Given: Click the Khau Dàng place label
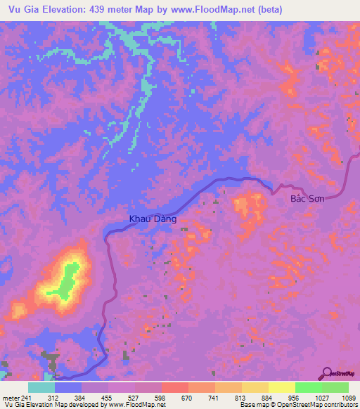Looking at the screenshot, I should [152, 219].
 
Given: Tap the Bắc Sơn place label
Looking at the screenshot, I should [307, 200].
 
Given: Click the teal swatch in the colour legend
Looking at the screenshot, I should [41, 387].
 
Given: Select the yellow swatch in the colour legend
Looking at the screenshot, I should [281, 387].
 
